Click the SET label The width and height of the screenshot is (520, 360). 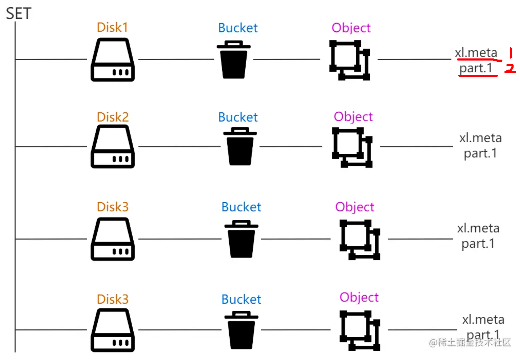[x=19, y=13]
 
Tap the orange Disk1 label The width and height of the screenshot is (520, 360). [x=112, y=28]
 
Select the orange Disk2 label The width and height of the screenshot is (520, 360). [x=113, y=117]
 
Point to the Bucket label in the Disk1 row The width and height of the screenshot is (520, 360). [x=238, y=28]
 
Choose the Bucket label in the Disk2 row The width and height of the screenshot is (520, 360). [x=238, y=117]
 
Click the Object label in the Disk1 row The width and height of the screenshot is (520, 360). [x=351, y=28]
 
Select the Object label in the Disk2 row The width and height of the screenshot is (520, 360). [x=353, y=117]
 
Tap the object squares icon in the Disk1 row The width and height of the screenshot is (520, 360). [x=349, y=60]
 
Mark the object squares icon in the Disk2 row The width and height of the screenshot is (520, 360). [x=352, y=147]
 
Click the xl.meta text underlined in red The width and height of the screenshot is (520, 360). [x=476, y=53]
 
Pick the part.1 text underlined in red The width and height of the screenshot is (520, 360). [x=476, y=68]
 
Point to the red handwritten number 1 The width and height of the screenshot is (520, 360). [x=511, y=53]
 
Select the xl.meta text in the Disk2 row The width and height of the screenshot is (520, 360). [x=480, y=138]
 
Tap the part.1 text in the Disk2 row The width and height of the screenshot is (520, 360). [x=480, y=153]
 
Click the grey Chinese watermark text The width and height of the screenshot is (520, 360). [x=470, y=342]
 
